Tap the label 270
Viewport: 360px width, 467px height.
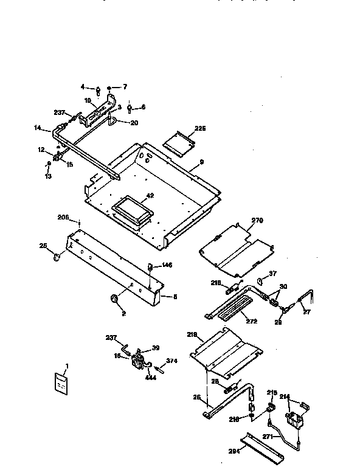point(257,221)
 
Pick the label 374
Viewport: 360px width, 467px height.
point(172,361)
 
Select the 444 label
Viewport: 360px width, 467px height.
point(151,378)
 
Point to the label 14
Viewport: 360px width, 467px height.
point(37,128)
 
